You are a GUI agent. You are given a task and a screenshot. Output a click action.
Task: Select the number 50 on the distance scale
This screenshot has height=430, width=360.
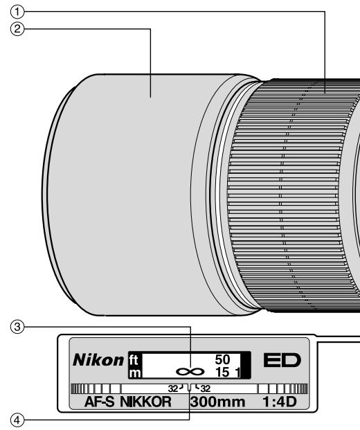click(x=222, y=360)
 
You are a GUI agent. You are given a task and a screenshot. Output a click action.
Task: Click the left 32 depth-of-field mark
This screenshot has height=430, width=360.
click(x=172, y=388)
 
